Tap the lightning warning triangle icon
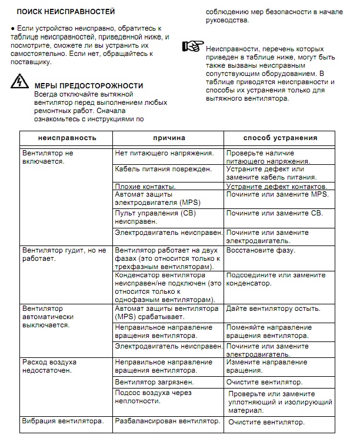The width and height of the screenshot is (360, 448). tap(19, 83)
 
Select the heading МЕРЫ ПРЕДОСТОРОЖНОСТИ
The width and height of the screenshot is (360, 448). tap(89, 85)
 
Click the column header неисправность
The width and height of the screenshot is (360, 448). tap(66, 138)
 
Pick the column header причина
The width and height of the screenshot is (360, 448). tap(169, 138)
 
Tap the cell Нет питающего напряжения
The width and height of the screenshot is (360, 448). tap(164, 153)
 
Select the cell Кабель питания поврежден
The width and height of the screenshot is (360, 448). tap(163, 170)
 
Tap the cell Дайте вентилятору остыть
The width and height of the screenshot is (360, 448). tap(274, 308)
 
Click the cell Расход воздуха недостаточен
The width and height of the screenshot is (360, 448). tap(49, 366)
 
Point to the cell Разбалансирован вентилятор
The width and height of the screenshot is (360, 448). tap(168, 422)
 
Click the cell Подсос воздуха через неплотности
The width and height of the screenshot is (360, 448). tap(153, 397)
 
